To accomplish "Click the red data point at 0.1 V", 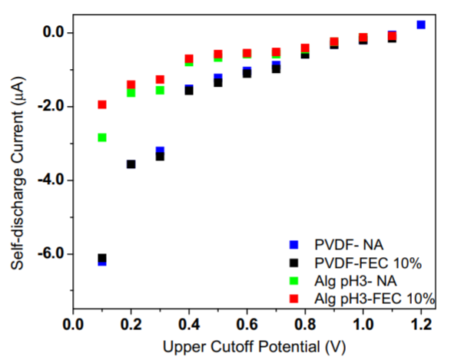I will [x=101, y=104].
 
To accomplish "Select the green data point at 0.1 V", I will [x=101, y=137].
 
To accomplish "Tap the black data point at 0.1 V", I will [x=101, y=258].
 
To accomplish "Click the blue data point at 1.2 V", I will [x=421, y=25].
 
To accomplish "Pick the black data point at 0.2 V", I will [x=131, y=164].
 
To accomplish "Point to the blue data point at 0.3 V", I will [x=161, y=150].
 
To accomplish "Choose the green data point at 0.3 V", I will [x=160, y=91].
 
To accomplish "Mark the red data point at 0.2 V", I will [x=131, y=84].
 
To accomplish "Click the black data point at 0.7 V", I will [x=276, y=69].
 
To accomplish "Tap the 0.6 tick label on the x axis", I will [x=247, y=322].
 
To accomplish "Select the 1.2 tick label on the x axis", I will [x=421, y=322].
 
